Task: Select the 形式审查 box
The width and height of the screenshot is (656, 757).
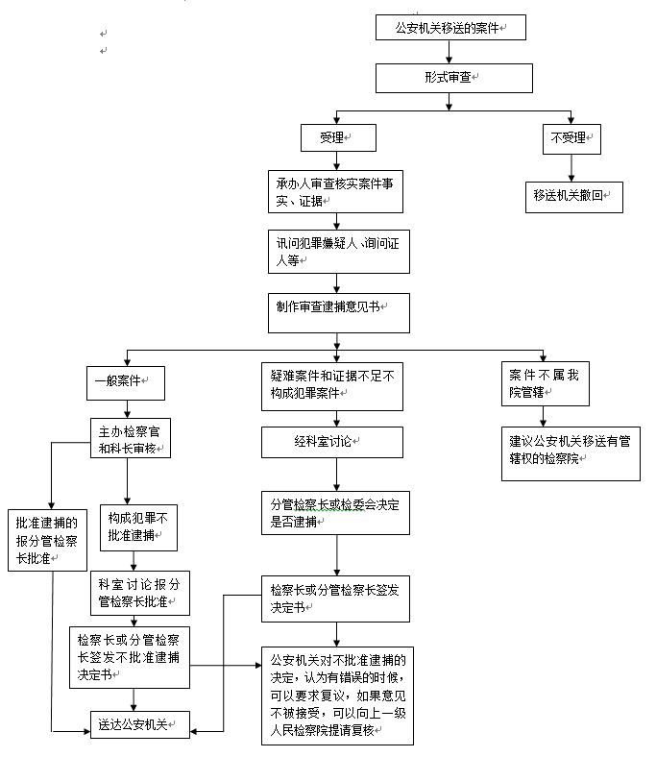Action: pyautogui.click(x=453, y=78)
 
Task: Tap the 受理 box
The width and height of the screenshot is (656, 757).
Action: pyautogui.click(x=336, y=138)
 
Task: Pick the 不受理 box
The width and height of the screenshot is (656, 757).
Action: pyautogui.click(x=572, y=138)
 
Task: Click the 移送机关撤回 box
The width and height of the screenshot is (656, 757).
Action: pyautogui.click(x=572, y=195)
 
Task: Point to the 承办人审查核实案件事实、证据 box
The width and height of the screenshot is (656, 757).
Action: pyautogui.click(x=335, y=191)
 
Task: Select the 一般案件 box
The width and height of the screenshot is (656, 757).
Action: pyautogui.click(x=125, y=382)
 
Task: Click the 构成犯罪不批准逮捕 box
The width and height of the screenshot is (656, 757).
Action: pyautogui.click(x=137, y=526)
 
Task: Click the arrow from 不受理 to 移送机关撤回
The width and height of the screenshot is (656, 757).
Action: pyautogui.click(x=572, y=167)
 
